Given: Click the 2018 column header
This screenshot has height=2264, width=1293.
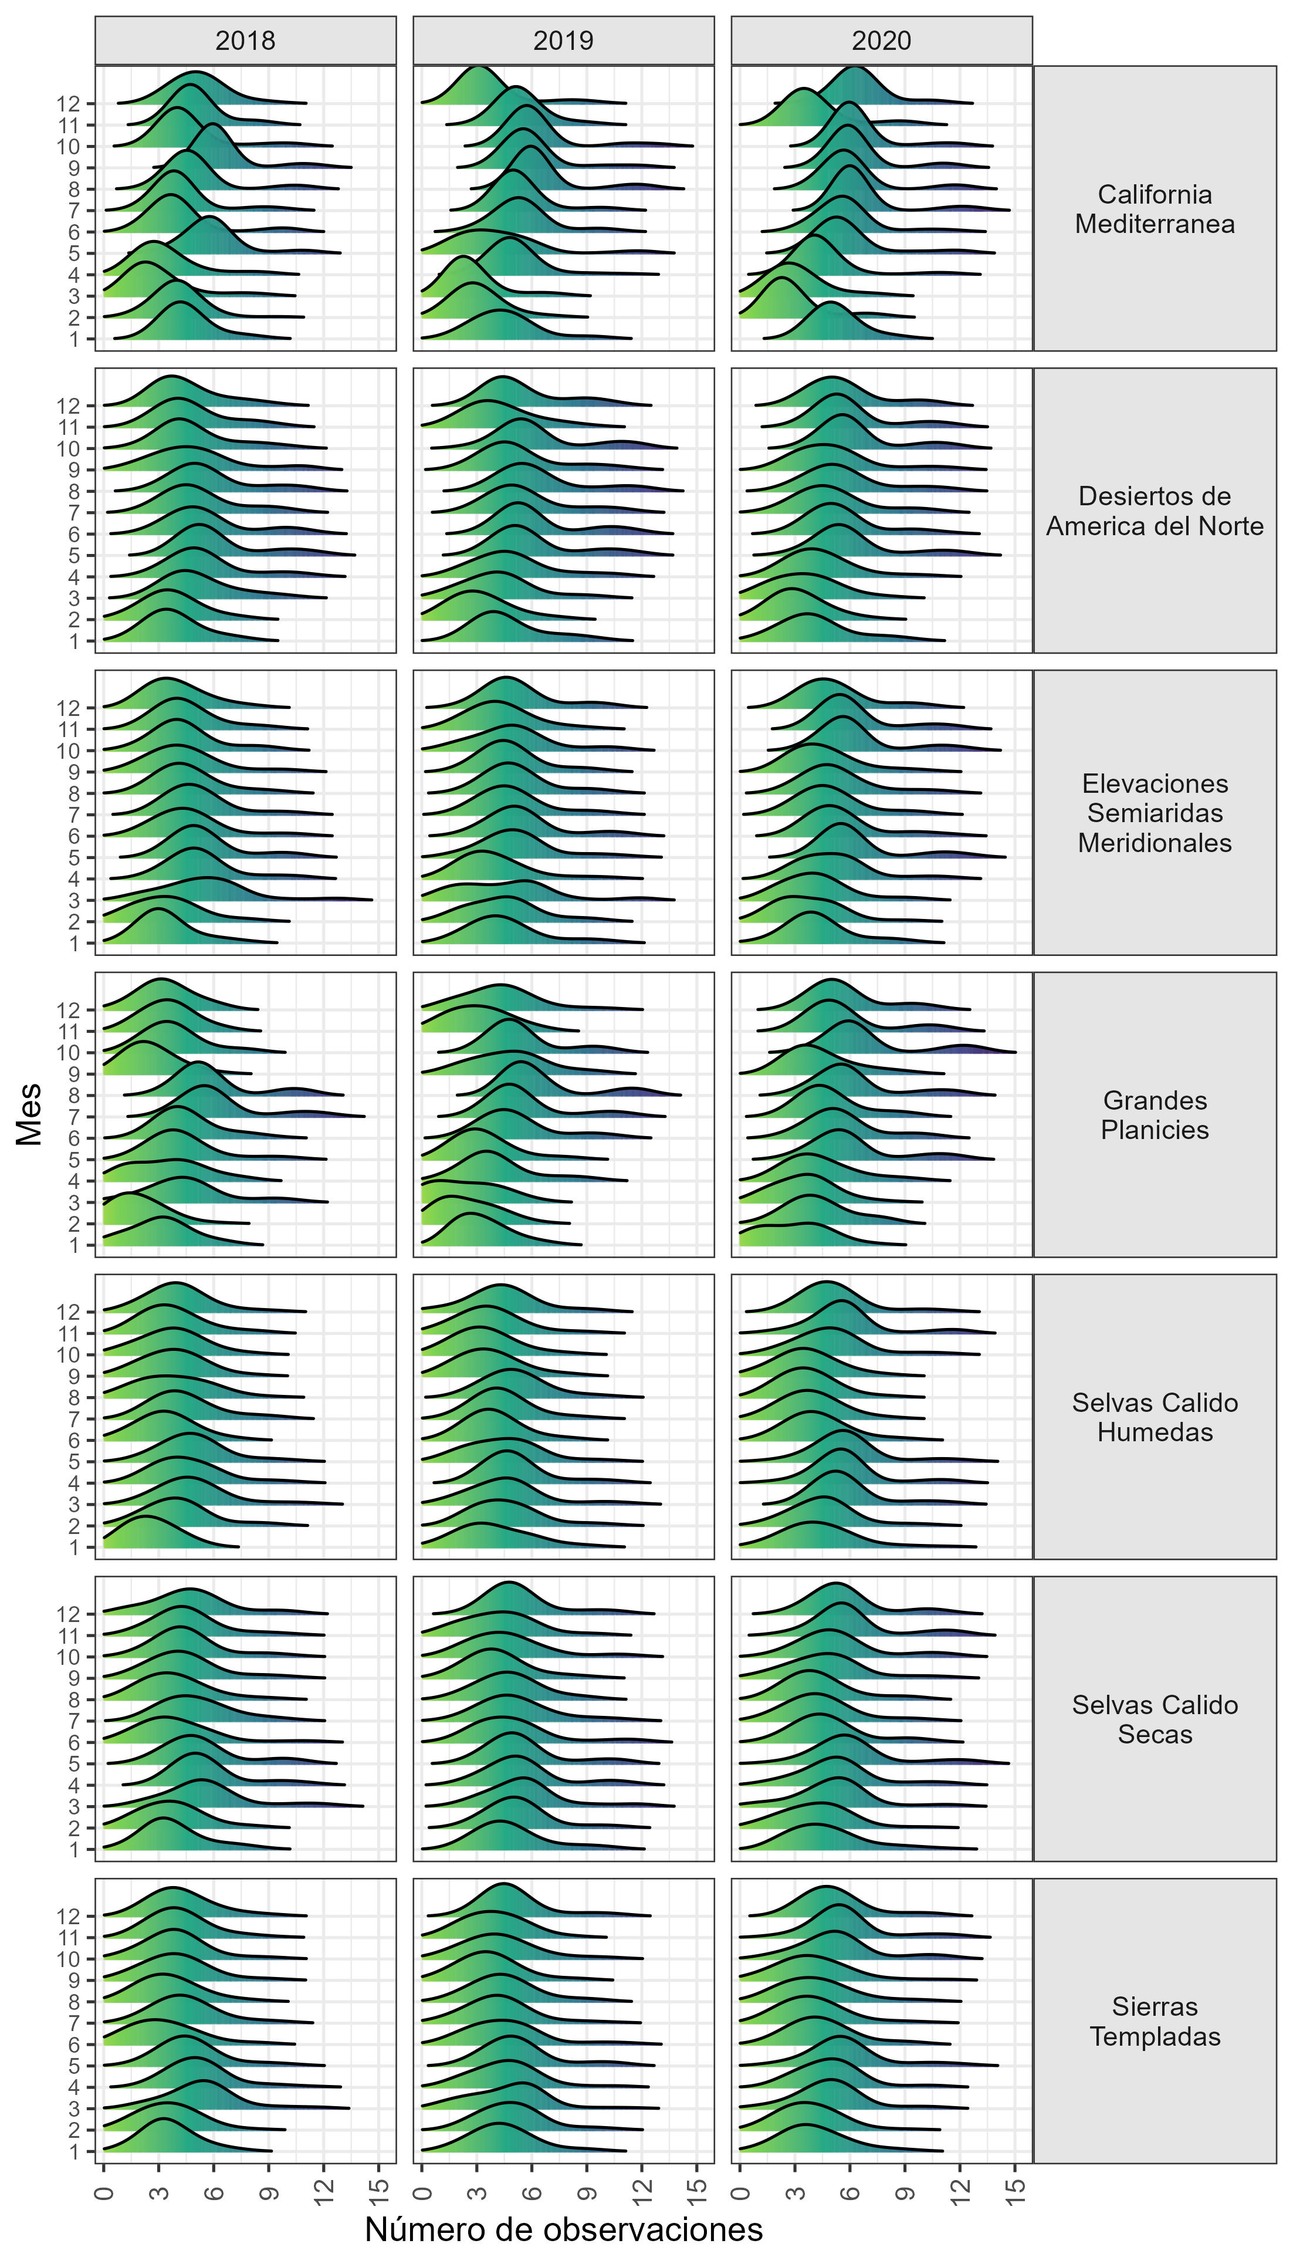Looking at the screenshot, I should (245, 41).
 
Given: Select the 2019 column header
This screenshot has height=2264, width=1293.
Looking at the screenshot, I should (563, 41).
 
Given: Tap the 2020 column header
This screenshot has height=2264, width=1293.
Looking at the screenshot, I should (881, 41).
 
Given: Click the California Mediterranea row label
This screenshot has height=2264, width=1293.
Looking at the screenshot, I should (1155, 209).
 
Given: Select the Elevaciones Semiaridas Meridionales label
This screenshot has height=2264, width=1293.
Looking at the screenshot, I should (1155, 813).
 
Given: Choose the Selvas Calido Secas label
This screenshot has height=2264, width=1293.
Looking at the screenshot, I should (1155, 1719).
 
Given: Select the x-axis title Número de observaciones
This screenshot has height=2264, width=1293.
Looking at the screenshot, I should (563, 2229).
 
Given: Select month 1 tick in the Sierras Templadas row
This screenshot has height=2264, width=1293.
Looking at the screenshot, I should (75, 2151).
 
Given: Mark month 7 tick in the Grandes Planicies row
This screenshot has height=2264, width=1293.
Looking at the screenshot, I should (75, 1117).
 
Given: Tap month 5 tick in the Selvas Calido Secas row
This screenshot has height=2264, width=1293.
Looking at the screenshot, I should (75, 1763).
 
